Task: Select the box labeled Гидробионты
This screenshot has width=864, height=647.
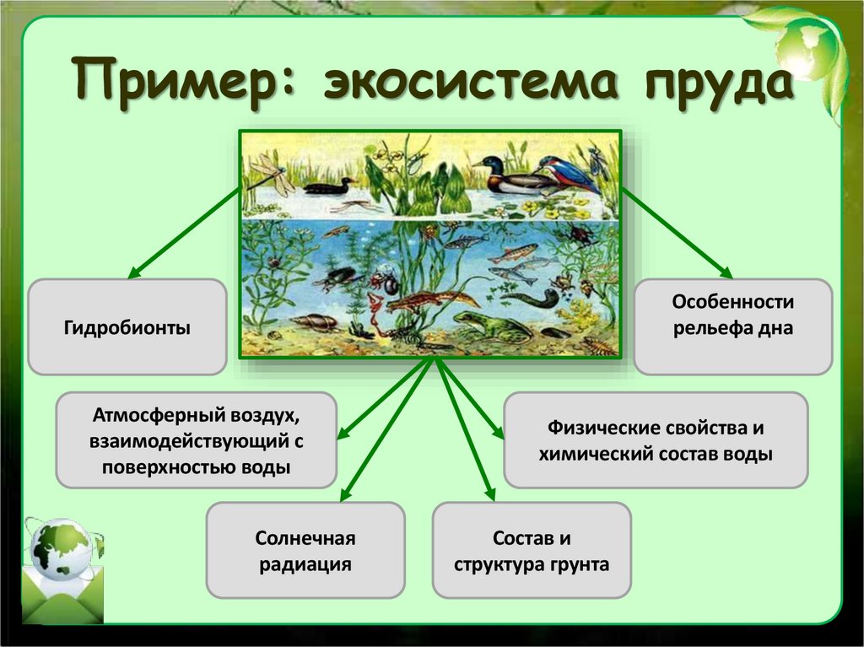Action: click(x=127, y=327)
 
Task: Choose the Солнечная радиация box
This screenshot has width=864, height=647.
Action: click(x=305, y=551)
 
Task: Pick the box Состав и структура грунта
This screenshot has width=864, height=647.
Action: click(x=531, y=551)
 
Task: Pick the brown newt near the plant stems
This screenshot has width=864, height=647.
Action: click(x=430, y=300)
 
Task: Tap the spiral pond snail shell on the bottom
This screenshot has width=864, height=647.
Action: click(x=313, y=321)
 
